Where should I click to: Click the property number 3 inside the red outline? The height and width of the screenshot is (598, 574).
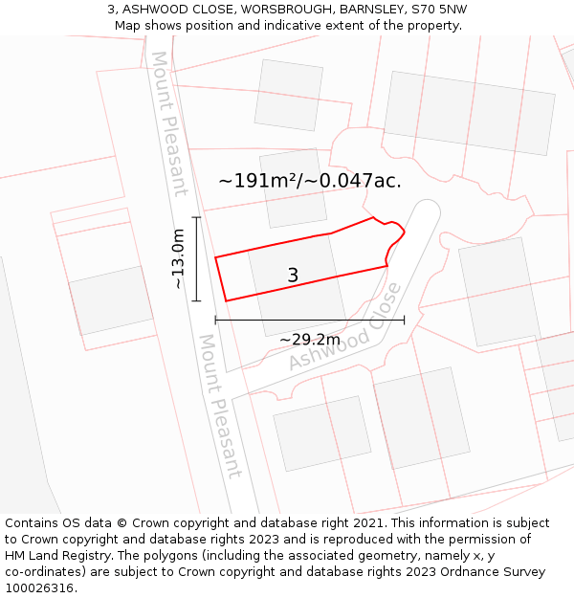293,276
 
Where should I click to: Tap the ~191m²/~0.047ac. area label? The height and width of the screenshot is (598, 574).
310,180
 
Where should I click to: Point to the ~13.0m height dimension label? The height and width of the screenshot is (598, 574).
178,258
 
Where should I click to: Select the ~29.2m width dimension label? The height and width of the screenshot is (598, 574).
309,340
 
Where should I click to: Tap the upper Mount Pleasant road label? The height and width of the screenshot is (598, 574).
169,123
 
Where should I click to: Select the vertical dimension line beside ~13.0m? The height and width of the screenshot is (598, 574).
196,259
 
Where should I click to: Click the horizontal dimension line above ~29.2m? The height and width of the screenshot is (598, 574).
310,320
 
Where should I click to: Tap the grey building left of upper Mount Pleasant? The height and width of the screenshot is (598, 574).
111,300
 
